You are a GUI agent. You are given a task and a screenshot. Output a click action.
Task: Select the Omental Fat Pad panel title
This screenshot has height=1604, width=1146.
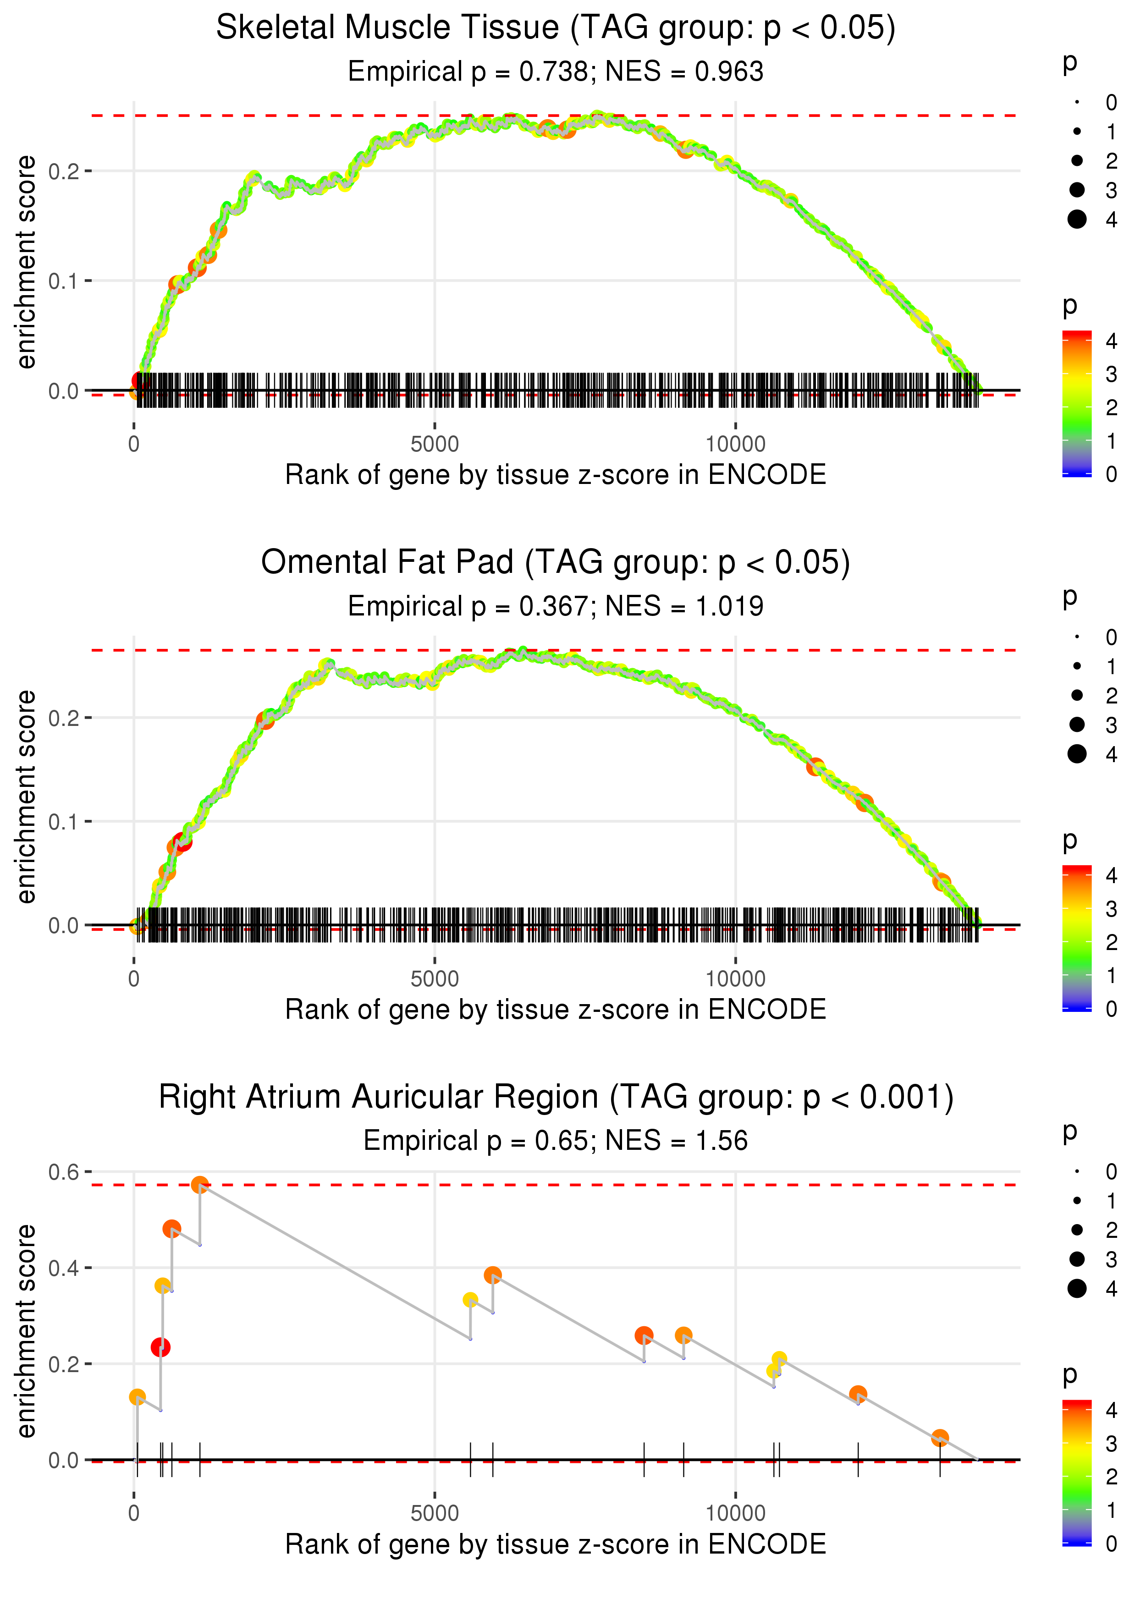coord(556,563)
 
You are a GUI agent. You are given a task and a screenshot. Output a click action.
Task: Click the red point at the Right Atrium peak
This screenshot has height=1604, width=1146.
coord(200,1184)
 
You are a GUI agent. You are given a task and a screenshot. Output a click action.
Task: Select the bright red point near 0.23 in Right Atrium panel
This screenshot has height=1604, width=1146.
coord(160,1347)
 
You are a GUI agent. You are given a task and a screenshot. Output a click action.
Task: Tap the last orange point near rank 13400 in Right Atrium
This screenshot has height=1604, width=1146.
coord(939,1438)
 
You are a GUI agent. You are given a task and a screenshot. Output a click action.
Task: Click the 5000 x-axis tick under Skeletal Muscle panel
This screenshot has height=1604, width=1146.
coord(435,445)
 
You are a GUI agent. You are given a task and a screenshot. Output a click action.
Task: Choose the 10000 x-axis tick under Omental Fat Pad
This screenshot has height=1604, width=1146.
coord(735,979)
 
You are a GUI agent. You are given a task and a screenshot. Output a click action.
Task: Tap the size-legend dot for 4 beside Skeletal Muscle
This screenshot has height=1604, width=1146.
coord(1077,220)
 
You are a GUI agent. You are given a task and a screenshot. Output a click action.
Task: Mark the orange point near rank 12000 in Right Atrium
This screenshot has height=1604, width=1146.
coord(857,1394)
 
